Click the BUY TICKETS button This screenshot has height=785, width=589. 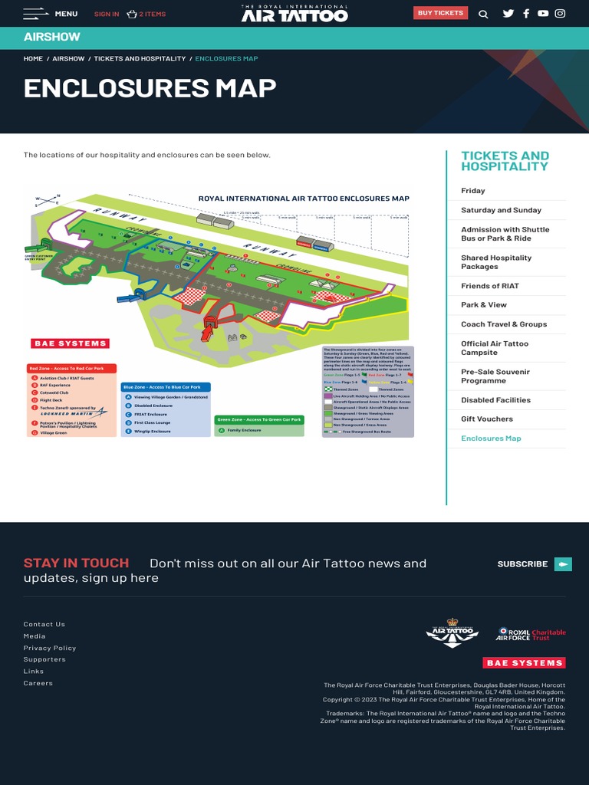coord(440,13)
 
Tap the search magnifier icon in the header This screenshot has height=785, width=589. coord(483,14)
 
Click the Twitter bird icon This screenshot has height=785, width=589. coord(508,13)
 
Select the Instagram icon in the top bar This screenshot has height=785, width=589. coord(561,13)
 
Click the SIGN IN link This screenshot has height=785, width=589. coord(107,14)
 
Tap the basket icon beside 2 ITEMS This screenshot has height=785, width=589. coord(132,14)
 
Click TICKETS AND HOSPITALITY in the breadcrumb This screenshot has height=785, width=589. coord(140,59)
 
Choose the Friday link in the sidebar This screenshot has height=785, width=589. coord(473,191)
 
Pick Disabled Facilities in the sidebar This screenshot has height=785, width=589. coord(495,400)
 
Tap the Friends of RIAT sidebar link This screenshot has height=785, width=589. coord(490,286)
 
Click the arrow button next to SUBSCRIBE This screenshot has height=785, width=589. coord(563,564)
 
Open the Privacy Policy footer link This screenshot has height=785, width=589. coord(50,648)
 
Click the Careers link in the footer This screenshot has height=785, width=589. coord(38,683)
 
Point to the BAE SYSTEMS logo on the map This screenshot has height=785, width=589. coord(70,343)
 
